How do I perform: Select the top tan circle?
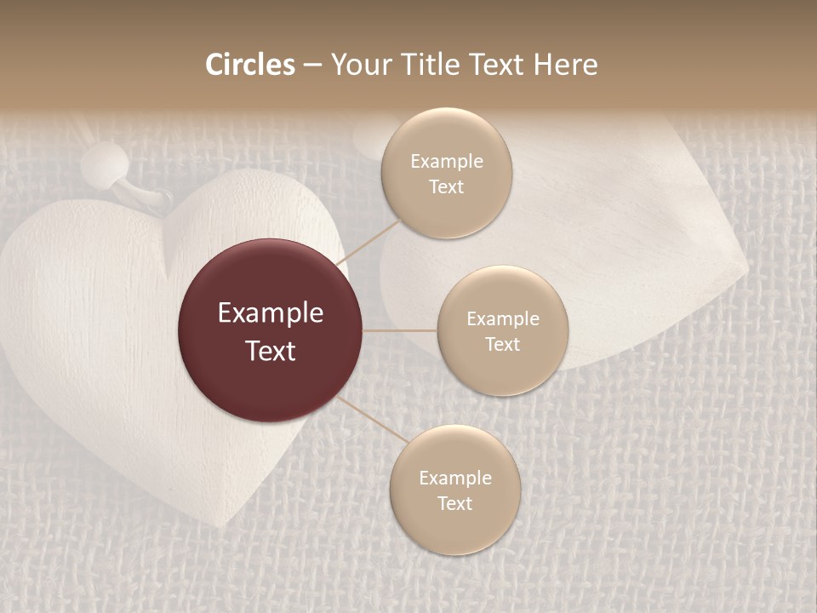click(x=447, y=173)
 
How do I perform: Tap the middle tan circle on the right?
click(x=503, y=331)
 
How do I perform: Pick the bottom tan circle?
click(x=455, y=490)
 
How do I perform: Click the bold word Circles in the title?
click(x=250, y=65)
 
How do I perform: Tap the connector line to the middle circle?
click(x=400, y=330)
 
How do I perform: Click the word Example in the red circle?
click(x=271, y=313)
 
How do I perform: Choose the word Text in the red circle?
click(x=271, y=351)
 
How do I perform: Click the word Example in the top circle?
click(x=447, y=161)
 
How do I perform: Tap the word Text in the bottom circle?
click(x=455, y=503)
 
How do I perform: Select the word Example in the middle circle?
click(x=503, y=319)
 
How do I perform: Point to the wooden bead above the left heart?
click(x=107, y=160)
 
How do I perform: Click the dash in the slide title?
click(x=311, y=66)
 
